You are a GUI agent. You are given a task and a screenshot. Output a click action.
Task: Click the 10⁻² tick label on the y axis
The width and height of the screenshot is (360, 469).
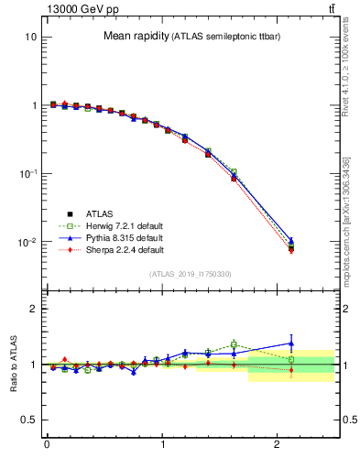(x=27, y=243)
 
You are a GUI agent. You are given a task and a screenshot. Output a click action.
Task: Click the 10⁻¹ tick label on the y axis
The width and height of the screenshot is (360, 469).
(x=27, y=174)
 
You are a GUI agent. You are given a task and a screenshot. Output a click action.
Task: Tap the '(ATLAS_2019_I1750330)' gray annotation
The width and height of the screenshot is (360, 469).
(x=190, y=274)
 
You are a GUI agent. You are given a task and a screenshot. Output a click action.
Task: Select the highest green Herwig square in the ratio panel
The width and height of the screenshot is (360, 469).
(x=234, y=344)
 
